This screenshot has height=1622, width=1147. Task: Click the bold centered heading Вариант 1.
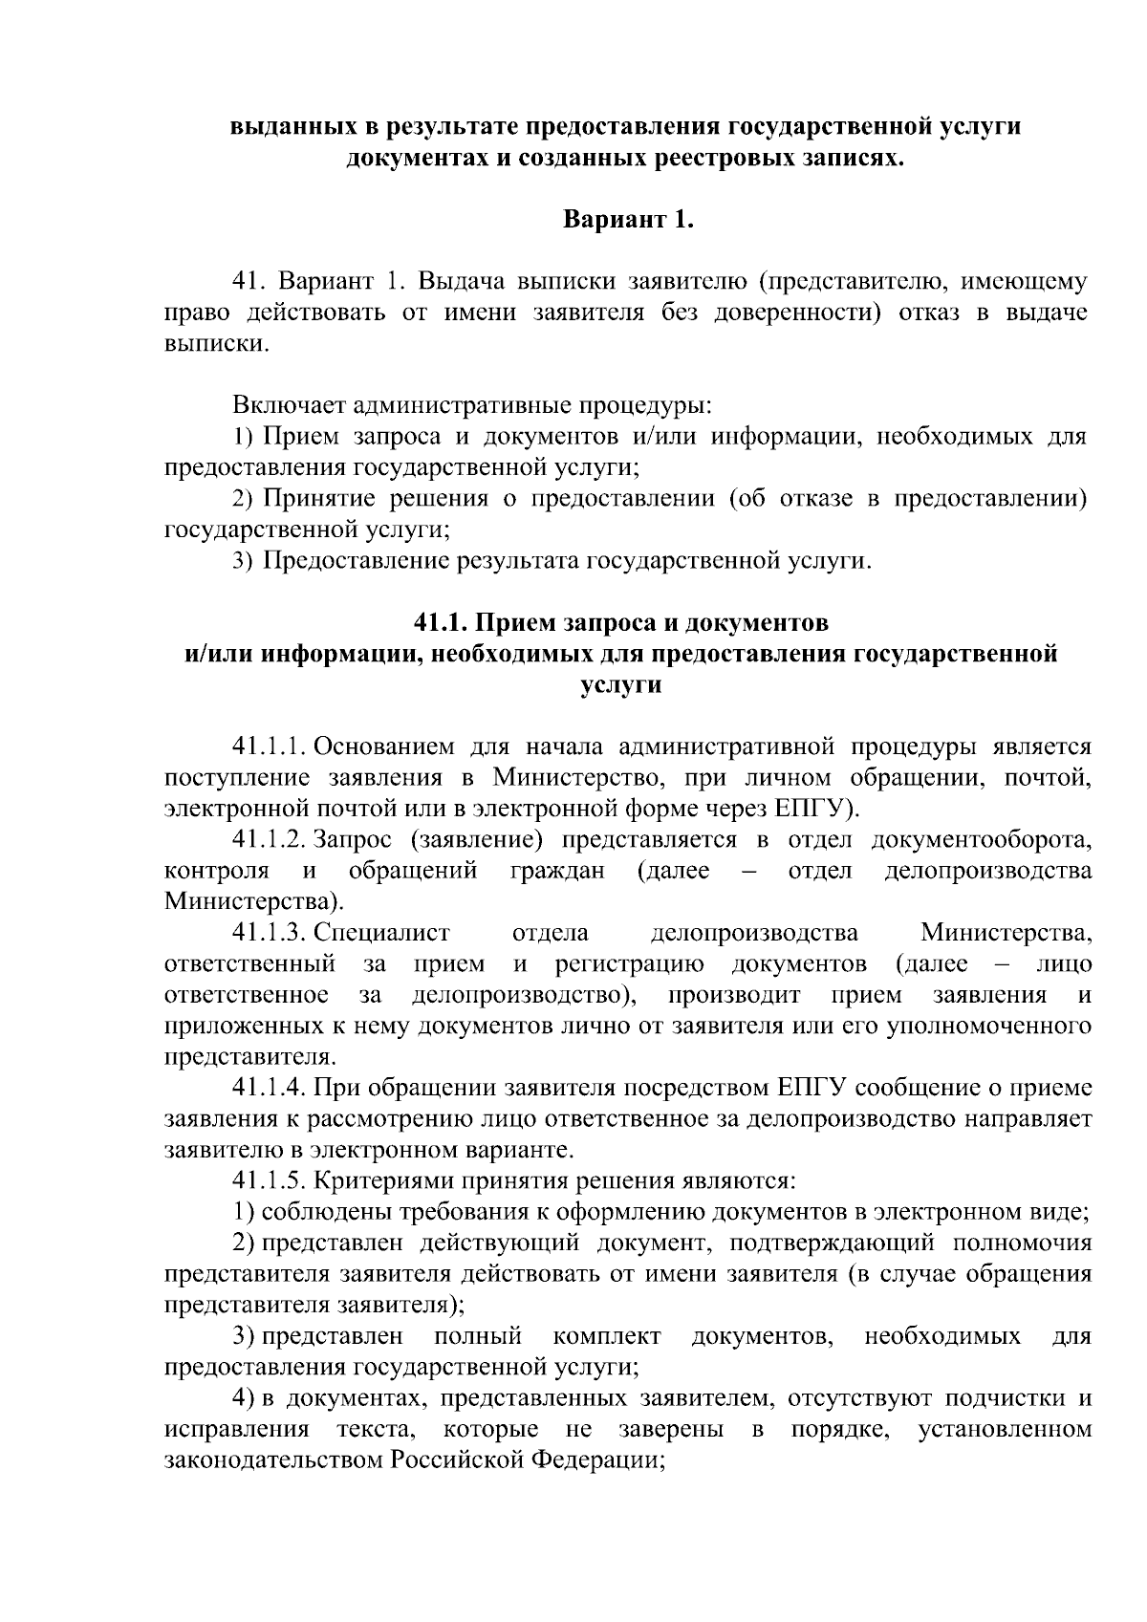626,220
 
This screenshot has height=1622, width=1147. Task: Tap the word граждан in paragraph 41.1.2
556,871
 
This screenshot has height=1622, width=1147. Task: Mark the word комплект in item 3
606,1335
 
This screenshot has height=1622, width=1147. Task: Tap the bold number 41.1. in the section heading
441,622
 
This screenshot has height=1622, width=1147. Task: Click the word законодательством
274,1460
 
